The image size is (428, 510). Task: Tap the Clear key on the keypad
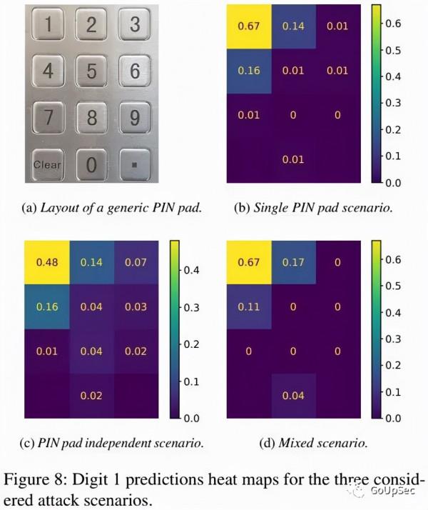tap(48, 164)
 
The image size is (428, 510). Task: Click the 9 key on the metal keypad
tap(134, 118)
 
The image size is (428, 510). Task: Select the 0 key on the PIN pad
tap(91, 164)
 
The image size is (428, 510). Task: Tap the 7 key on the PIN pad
tap(48, 118)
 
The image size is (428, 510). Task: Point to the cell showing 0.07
tap(136, 263)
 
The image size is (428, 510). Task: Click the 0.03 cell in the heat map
tap(136, 307)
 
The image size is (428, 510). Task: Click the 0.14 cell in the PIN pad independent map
tap(92, 263)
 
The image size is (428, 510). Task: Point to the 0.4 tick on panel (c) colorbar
tap(192, 270)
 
